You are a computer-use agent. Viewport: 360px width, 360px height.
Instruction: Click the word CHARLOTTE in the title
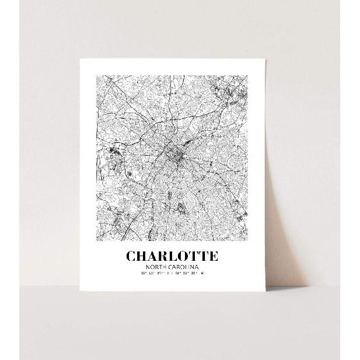pos(172,256)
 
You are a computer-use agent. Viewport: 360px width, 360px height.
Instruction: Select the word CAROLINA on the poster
pos(185,267)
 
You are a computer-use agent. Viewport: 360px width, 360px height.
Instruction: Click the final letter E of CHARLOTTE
pos(214,256)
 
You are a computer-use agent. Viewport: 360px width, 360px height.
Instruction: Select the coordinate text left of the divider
pos(155,273)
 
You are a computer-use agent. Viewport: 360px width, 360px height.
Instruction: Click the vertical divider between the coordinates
pos(172,273)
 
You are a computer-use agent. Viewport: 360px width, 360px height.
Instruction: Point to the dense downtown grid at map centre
pos(173,155)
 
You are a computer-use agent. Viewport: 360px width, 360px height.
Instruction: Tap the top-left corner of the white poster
pos(79,58)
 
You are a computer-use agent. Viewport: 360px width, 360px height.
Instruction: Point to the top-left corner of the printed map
pos(96,75)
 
